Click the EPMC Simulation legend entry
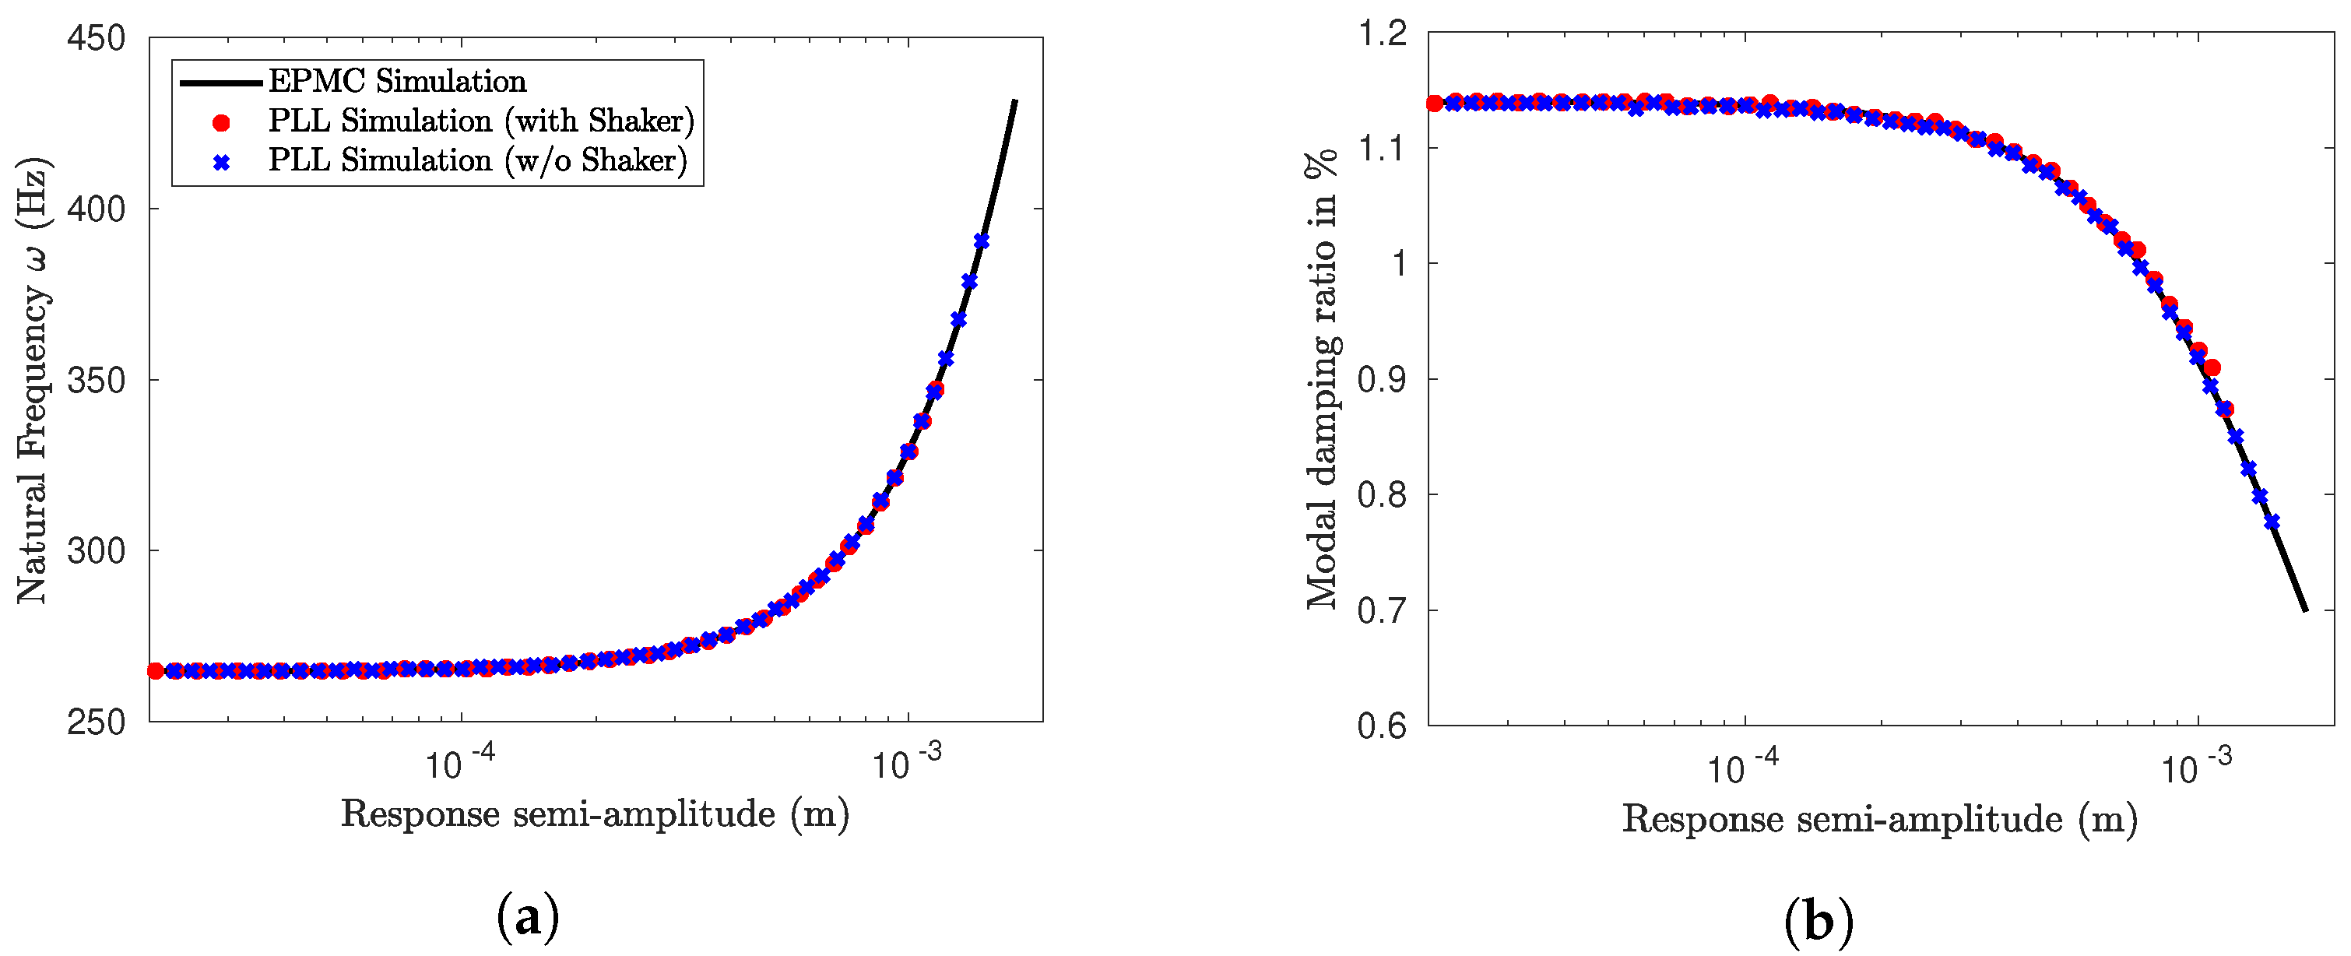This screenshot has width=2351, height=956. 397,81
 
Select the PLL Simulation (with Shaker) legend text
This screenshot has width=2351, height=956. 481,121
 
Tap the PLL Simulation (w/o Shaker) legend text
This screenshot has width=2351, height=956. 477,160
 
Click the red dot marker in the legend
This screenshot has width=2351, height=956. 221,122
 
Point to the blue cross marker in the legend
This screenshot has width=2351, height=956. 221,163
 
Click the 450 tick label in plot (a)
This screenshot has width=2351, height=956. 96,38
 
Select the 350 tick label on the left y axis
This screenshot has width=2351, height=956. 96,380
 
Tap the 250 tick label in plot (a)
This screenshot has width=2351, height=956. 96,722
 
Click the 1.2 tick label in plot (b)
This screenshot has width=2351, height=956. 1383,33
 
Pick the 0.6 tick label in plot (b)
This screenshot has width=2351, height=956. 1382,726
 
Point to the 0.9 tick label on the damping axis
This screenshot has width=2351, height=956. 1382,380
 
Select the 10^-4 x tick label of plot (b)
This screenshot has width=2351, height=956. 1742,767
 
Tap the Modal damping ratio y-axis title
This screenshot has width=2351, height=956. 1323,380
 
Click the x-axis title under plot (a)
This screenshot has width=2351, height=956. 595,814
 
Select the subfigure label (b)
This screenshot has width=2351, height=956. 1818,921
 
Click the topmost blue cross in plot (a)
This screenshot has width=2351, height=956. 981,241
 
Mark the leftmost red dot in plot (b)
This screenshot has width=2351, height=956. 1435,104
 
